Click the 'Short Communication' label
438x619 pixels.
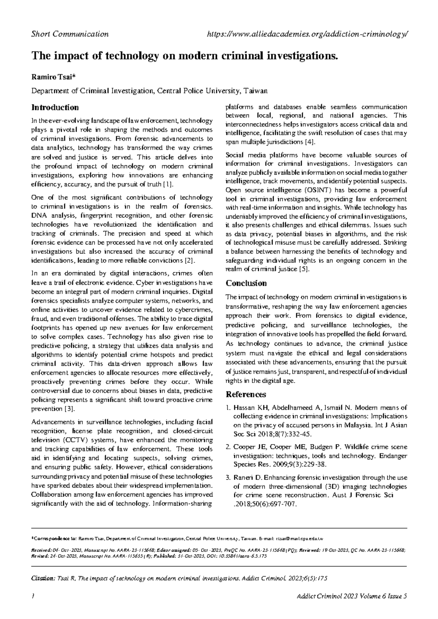70,34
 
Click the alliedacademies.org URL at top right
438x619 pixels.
307,34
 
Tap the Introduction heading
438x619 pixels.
55,107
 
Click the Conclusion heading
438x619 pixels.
246,283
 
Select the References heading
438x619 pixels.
246,394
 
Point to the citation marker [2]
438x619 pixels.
191,261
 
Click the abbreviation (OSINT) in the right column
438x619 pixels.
315,190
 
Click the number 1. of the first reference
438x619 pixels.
228,408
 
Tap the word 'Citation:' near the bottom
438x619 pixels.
43,579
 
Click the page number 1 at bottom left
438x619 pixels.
33,596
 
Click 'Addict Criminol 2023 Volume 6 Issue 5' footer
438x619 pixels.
352,596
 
